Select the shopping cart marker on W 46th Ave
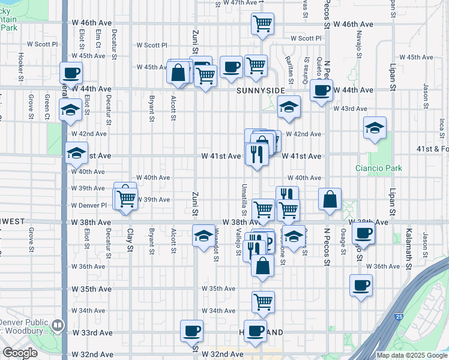pyautogui.click(x=262, y=24)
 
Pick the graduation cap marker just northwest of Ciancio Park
pyautogui.click(x=375, y=128)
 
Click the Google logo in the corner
pyautogui.click(x=20, y=353)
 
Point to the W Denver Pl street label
pyautogui.click(x=89, y=205)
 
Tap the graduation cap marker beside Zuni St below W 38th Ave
pyautogui.click(x=203, y=235)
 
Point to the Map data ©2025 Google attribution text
pyautogui.click(x=412, y=355)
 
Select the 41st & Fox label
pyautogui.click(x=432, y=149)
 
